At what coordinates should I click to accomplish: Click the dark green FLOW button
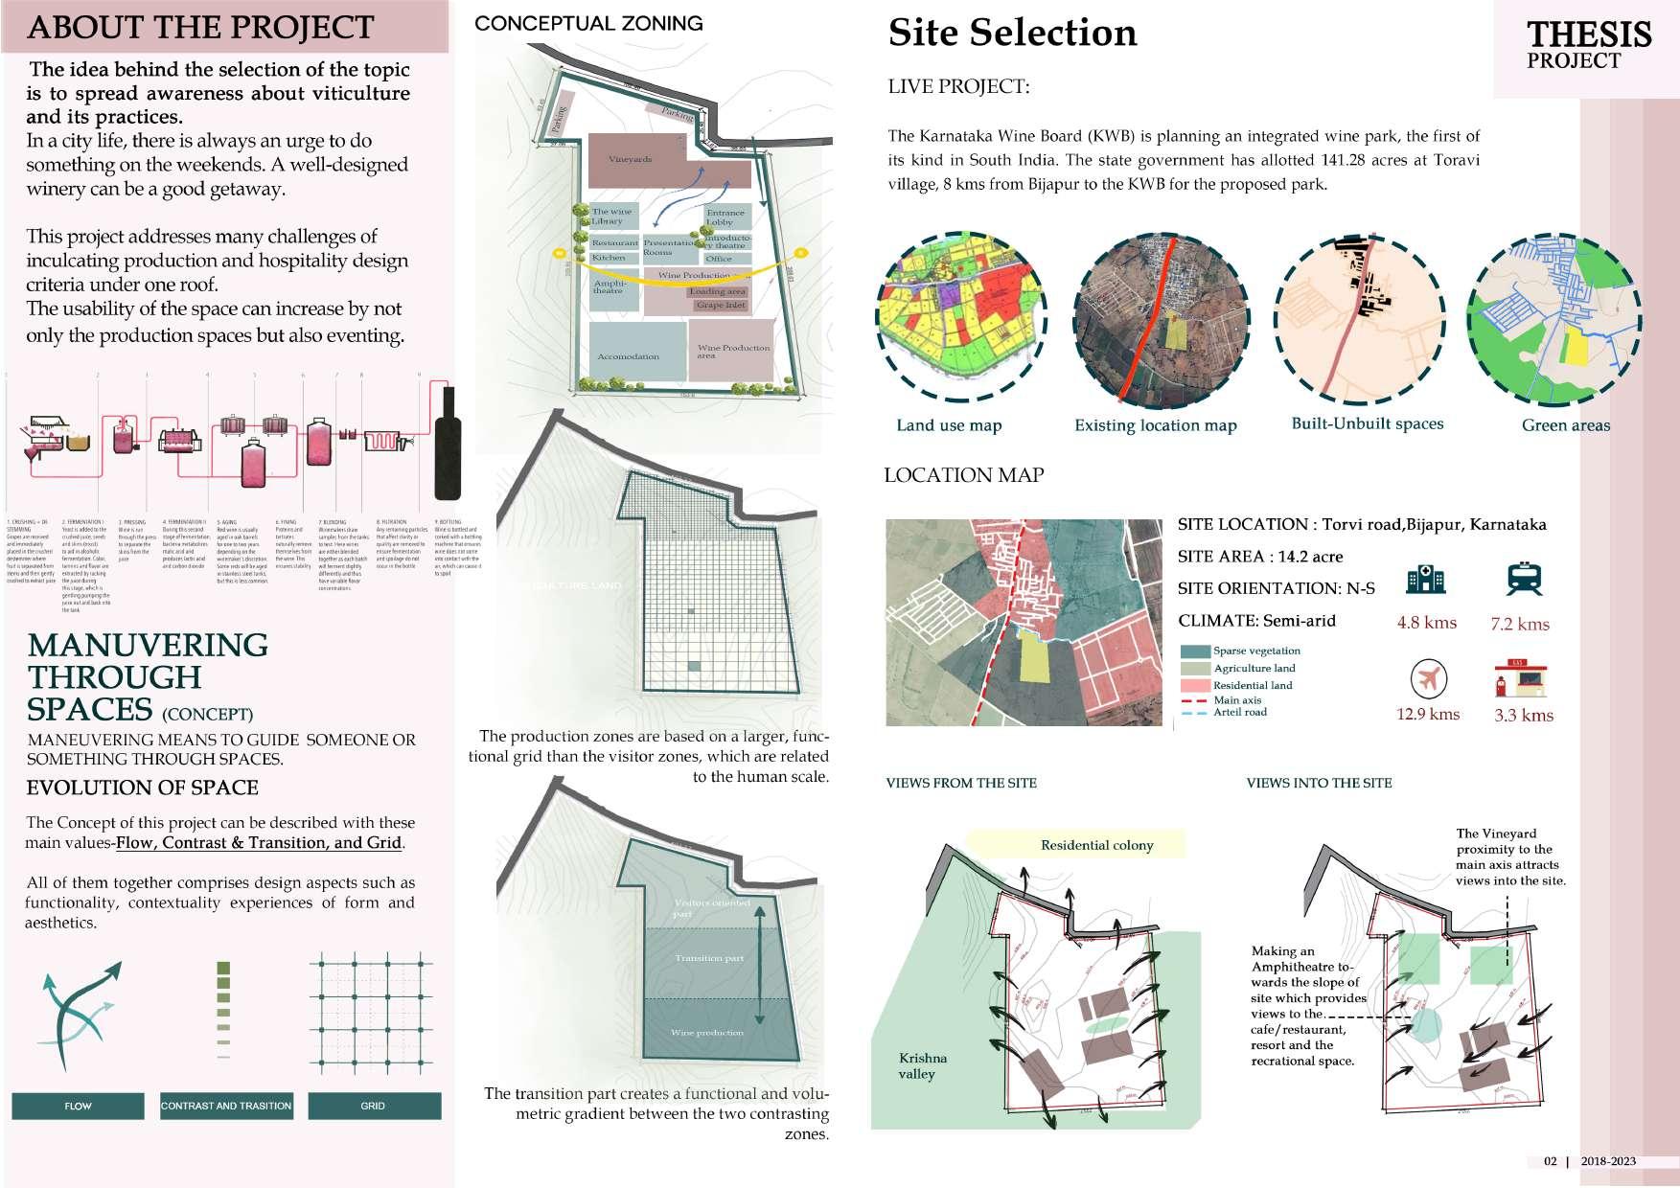(78, 1106)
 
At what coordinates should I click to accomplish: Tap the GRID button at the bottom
(373, 1106)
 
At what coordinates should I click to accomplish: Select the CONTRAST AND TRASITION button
(226, 1106)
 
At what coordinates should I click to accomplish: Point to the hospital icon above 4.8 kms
(1426, 580)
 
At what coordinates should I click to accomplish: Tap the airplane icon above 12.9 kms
(1428, 680)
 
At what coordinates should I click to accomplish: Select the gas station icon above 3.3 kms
(1523, 679)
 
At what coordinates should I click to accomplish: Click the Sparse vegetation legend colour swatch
(1195, 651)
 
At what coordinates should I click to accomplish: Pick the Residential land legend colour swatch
(1195, 686)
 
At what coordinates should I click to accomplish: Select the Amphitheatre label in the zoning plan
(609, 286)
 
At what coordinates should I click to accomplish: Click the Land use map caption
(949, 425)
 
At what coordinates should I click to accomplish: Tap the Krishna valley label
(923, 1066)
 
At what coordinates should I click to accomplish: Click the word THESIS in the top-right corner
(1589, 34)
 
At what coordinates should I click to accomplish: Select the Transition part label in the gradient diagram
(709, 958)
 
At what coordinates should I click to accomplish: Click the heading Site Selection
(1012, 33)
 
